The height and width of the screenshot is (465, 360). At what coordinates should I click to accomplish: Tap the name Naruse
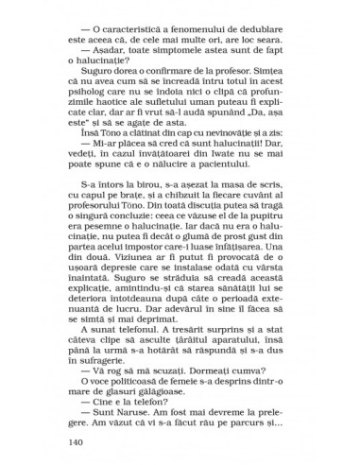pos(139,413)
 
